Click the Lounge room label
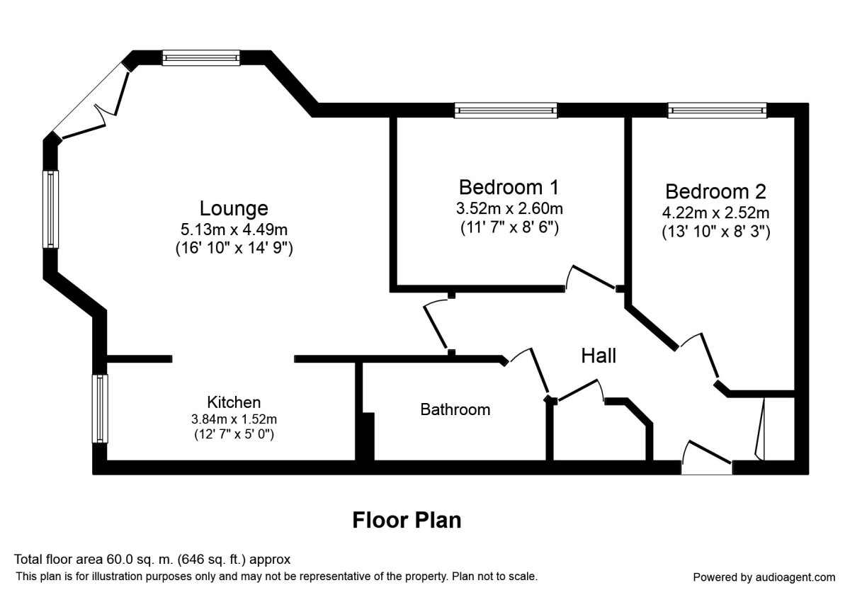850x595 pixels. (x=234, y=208)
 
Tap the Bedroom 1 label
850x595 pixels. (x=509, y=187)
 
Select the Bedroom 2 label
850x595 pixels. (x=715, y=191)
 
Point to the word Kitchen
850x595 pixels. (x=234, y=402)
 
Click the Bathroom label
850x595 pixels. (x=455, y=409)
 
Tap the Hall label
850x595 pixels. (x=599, y=356)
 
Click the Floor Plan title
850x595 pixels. (x=407, y=521)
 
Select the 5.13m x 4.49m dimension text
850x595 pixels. (x=234, y=229)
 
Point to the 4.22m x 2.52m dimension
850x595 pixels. (x=715, y=212)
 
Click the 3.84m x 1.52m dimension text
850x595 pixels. (x=234, y=418)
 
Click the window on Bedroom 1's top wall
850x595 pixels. (x=506, y=110)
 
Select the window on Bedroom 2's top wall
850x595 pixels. (x=717, y=110)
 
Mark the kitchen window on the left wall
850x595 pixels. (x=101, y=409)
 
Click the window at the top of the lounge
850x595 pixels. (x=200, y=57)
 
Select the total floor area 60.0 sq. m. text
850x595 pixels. (x=152, y=559)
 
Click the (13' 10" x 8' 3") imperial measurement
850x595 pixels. (x=715, y=231)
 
